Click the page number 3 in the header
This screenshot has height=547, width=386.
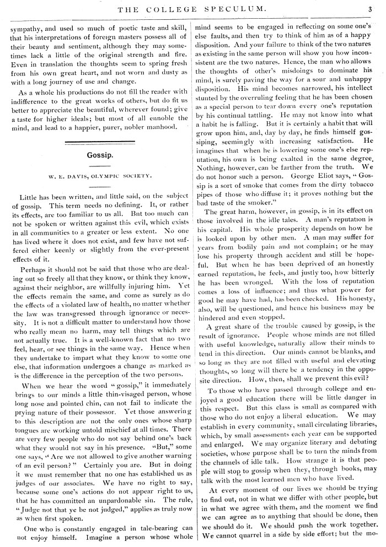click(x=371, y=8)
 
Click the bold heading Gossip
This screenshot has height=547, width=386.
click(x=100, y=155)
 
